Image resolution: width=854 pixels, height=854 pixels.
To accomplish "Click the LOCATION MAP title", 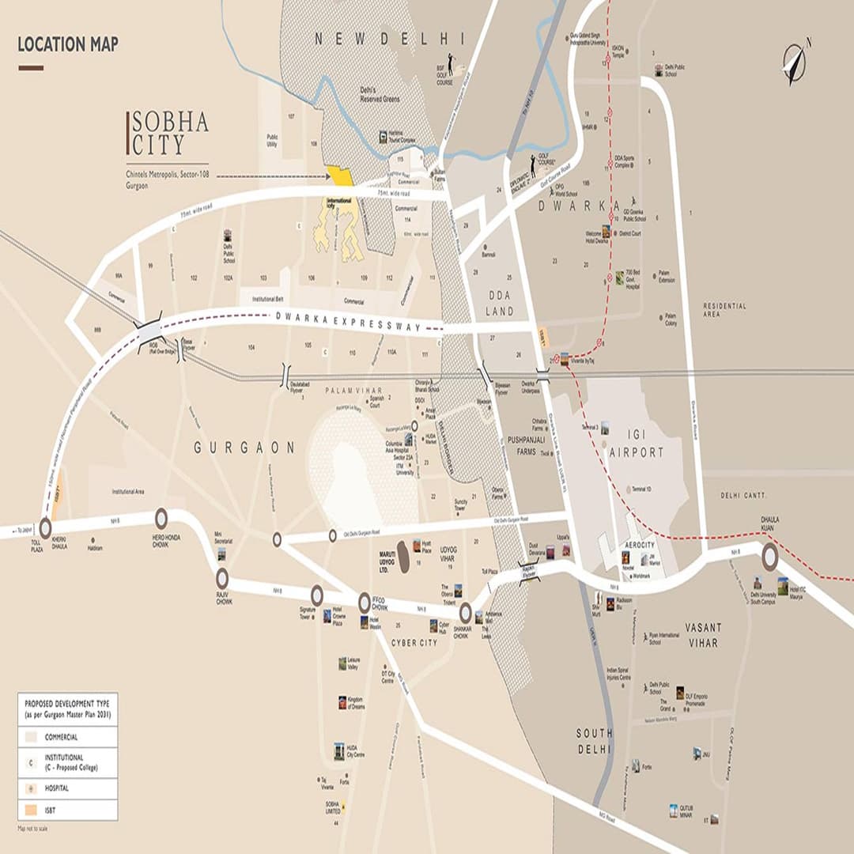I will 68,44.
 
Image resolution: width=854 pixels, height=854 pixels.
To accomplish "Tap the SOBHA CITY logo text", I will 168,133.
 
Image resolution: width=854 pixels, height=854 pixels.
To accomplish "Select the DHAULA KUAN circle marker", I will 769,557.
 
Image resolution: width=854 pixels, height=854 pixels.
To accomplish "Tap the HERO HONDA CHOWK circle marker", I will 161,519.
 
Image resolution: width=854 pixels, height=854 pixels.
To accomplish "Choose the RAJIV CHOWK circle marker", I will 222,578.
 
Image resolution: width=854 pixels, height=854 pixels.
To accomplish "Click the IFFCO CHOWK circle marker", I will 365,602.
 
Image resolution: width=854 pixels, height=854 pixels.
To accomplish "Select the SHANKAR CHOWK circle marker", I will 465,613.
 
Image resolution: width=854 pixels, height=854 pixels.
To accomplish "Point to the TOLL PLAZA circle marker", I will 45,527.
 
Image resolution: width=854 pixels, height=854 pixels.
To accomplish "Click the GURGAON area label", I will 244,448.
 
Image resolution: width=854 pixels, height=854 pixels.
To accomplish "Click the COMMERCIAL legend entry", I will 61,737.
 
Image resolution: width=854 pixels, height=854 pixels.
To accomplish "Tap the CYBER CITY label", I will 414,643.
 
